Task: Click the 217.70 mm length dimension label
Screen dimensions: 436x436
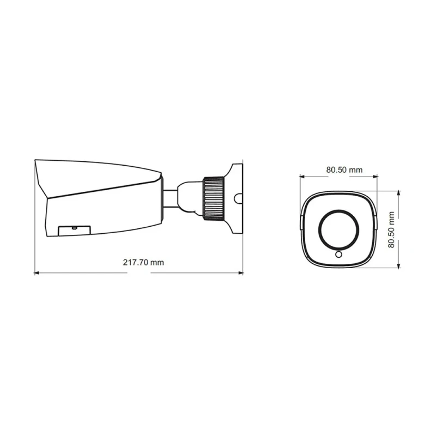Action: pos(143,262)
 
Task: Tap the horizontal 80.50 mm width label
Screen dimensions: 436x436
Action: pos(344,169)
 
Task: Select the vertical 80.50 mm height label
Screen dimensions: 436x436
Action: pos(391,229)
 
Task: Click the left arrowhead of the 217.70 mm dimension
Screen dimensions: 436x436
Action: pos(37,273)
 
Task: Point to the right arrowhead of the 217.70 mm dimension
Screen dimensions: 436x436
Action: pos(241,273)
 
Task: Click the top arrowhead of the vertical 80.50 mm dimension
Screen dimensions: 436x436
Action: pos(399,193)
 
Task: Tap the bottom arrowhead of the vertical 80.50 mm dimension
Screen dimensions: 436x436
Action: pos(399,265)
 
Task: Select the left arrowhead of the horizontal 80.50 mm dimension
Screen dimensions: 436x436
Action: pos(302,176)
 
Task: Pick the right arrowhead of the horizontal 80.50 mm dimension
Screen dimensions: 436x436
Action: pos(375,176)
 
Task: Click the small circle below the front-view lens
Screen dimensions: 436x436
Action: pos(338,254)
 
